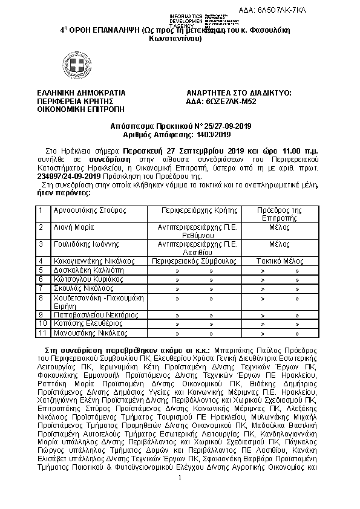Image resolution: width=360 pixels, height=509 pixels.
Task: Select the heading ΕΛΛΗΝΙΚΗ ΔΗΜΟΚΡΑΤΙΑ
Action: pyautogui.click(x=81, y=92)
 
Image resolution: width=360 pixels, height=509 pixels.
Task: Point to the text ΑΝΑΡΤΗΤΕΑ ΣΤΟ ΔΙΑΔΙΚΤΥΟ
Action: pyautogui.click(x=240, y=92)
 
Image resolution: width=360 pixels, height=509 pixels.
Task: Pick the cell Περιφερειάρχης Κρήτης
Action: pyautogui.click(x=197, y=210)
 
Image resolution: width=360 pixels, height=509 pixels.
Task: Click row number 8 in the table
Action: pyautogui.click(x=41, y=298)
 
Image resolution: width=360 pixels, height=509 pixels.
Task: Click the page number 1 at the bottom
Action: pyautogui.click(x=180, y=495)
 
